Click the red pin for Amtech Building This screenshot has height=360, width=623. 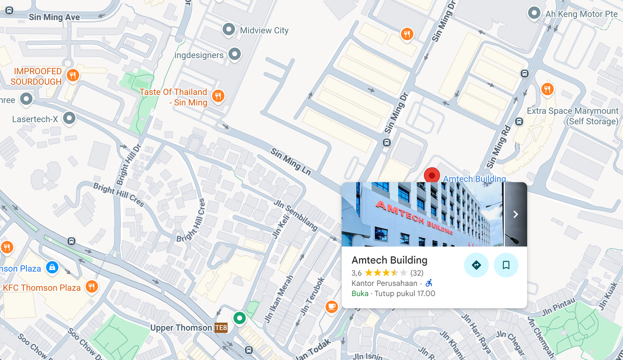[x=432, y=175]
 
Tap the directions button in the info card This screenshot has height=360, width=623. [x=476, y=265]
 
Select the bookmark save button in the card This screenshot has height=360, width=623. [x=506, y=265]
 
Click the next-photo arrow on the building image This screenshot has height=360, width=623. [x=516, y=214]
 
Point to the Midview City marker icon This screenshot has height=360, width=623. [x=229, y=29]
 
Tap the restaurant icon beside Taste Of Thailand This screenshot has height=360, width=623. [x=218, y=95]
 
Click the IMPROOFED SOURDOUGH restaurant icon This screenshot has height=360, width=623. [x=73, y=75]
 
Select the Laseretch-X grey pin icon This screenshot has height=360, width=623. [x=69, y=118]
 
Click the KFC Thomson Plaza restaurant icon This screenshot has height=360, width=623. [x=92, y=287]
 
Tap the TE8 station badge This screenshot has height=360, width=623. [x=221, y=328]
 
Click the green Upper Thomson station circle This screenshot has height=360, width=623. [x=239, y=318]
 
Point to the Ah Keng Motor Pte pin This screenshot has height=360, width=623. [x=534, y=13]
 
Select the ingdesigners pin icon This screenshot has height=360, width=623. [x=234, y=54]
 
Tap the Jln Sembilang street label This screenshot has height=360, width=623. [x=296, y=215]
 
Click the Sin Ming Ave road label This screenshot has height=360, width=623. [x=54, y=17]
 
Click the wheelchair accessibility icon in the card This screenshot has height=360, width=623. [x=429, y=283]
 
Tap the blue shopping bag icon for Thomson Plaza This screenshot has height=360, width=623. [x=52, y=267]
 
